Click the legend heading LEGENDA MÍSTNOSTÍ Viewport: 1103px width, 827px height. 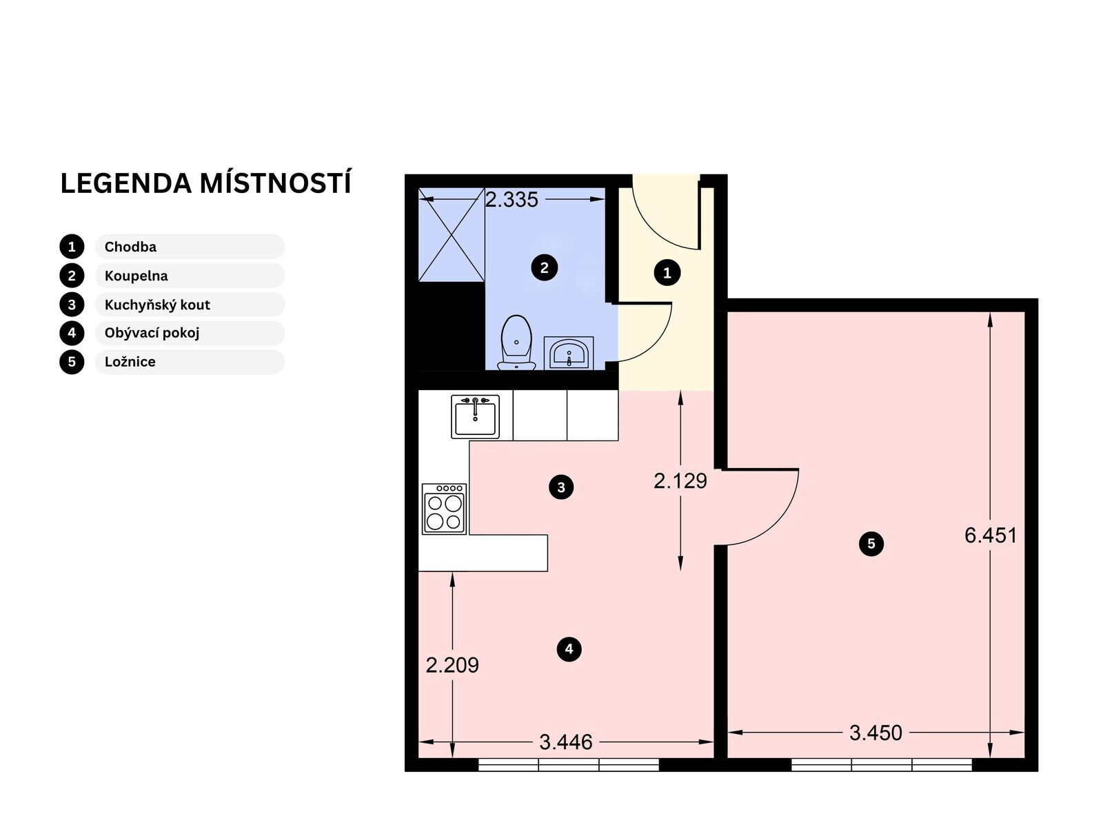point(205,183)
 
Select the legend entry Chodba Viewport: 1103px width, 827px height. point(130,247)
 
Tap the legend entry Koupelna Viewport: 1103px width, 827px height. point(136,276)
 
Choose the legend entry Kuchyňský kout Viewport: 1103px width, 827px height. point(157,305)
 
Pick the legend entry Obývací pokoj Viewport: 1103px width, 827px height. point(152,333)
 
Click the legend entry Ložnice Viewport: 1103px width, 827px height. point(130,362)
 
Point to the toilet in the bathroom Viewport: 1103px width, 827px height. point(516,343)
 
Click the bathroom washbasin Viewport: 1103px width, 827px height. point(569,352)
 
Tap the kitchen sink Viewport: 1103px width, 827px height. point(475,416)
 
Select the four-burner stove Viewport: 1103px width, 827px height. point(444,509)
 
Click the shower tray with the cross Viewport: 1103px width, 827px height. point(452,234)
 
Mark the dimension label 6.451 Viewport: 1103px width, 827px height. point(991,535)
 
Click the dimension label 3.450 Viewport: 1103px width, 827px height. point(876,733)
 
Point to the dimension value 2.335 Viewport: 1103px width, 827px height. point(512,200)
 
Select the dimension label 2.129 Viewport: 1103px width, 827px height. point(680,481)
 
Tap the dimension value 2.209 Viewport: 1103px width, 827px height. point(452,665)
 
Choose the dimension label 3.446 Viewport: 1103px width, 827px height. point(566,742)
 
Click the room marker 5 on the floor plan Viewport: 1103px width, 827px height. point(871,543)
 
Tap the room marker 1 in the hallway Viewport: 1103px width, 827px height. point(667,273)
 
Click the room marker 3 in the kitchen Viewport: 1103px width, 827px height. point(561,487)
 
